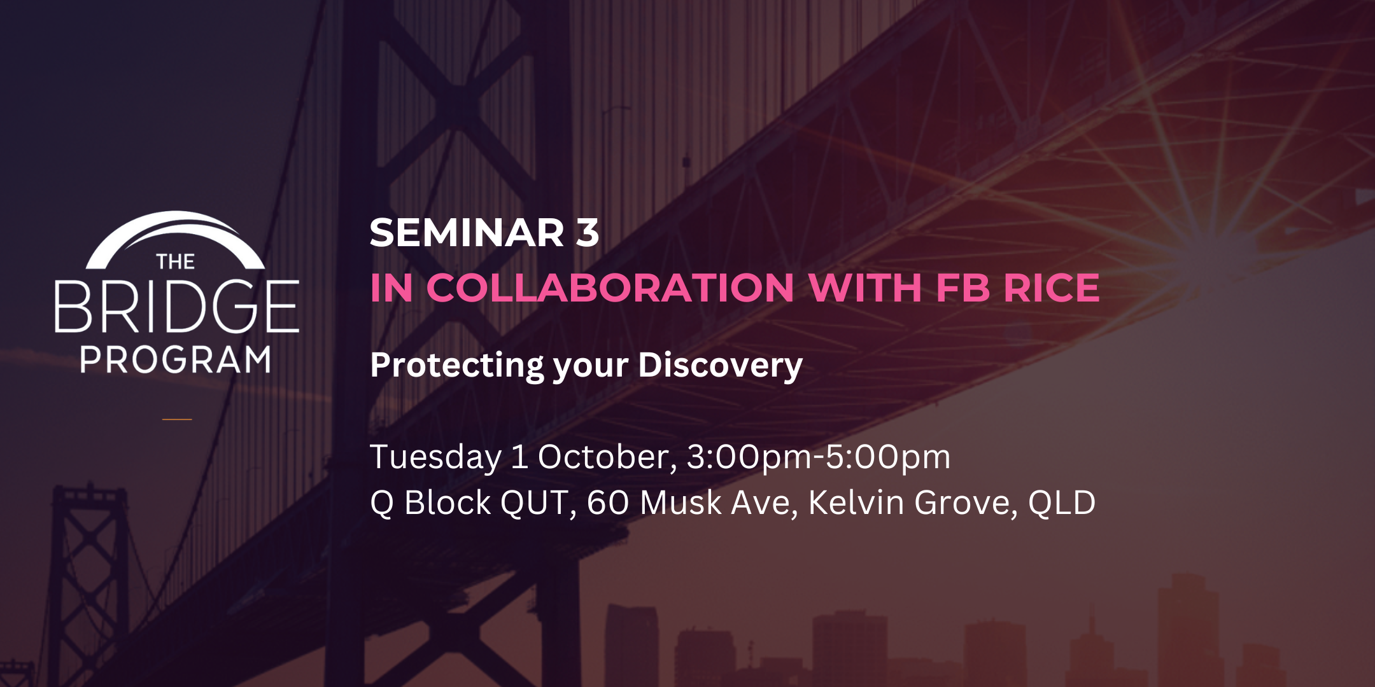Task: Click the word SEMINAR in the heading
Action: pos(467,233)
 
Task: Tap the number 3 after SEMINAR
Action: pos(588,233)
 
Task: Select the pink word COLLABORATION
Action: pos(610,288)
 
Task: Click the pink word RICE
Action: pos(1051,288)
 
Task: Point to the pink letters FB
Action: pos(962,288)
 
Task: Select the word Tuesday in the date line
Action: pos(435,457)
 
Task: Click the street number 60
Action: pos(608,503)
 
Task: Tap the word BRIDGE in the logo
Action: pos(176,307)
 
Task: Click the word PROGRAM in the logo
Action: pos(176,360)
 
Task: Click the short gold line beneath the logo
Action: pos(177,419)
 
